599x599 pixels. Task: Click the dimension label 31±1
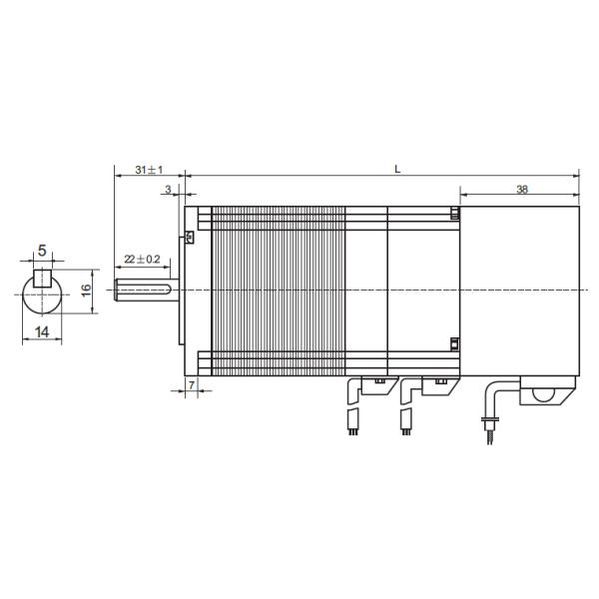[149, 170]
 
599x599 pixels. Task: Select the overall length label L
[397, 169]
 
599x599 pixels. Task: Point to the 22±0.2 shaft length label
[142, 259]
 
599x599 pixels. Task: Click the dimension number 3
[168, 189]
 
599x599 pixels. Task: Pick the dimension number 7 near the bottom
[191, 384]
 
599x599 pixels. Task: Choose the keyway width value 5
[42, 251]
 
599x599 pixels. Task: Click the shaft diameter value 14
[42, 333]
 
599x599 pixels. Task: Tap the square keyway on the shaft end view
[42, 278]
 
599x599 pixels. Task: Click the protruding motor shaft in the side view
[146, 290]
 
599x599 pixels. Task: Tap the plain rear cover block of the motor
[519, 290]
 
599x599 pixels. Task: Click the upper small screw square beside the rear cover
[454, 214]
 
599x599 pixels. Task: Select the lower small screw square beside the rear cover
[454, 344]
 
